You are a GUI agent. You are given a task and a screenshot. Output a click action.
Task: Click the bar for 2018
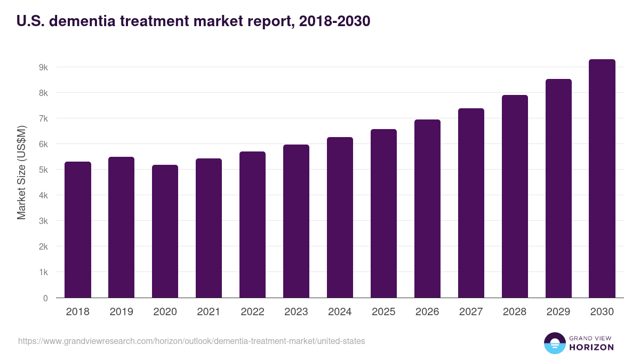pyautogui.click(x=77, y=229)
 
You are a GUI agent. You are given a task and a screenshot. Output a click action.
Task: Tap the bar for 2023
pyautogui.click(x=296, y=221)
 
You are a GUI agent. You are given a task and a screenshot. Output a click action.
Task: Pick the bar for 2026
pyautogui.click(x=427, y=209)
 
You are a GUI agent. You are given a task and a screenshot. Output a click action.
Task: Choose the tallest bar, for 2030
pyautogui.click(x=602, y=178)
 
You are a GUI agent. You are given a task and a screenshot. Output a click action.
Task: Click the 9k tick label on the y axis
pyautogui.click(x=43, y=68)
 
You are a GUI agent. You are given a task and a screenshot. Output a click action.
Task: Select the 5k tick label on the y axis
pyautogui.click(x=43, y=170)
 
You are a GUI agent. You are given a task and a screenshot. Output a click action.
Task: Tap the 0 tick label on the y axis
pyautogui.click(x=45, y=298)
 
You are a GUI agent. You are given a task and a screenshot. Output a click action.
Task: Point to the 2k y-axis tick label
pyautogui.click(x=43, y=247)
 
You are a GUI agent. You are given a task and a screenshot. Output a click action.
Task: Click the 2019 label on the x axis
pyautogui.click(x=121, y=312)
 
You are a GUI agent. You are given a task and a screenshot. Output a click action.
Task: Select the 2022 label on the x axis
pyautogui.click(x=252, y=312)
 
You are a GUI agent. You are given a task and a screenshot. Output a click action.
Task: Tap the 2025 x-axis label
pyautogui.click(x=383, y=312)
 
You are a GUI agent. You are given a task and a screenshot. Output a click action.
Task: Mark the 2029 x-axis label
pyautogui.click(x=558, y=312)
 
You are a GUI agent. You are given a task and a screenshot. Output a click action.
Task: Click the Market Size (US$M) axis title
pyautogui.click(x=21, y=172)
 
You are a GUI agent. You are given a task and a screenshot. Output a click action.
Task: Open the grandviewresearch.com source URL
pyautogui.click(x=191, y=341)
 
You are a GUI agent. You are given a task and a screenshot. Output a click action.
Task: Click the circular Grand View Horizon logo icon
pyautogui.click(x=554, y=343)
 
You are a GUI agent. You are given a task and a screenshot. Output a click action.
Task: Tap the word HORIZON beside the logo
pyautogui.click(x=592, y=347)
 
